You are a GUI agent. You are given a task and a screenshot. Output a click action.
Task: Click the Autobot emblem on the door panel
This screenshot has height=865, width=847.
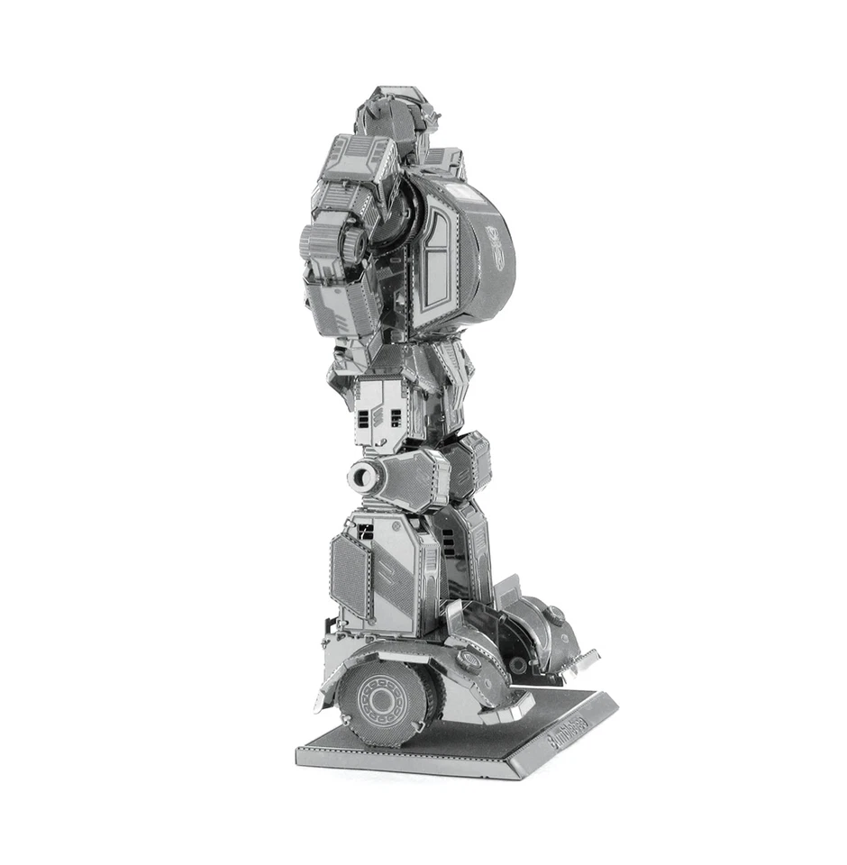click(x=495, y=241)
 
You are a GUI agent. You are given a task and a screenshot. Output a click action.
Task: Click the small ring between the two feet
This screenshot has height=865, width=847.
click(x=518, y=665)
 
